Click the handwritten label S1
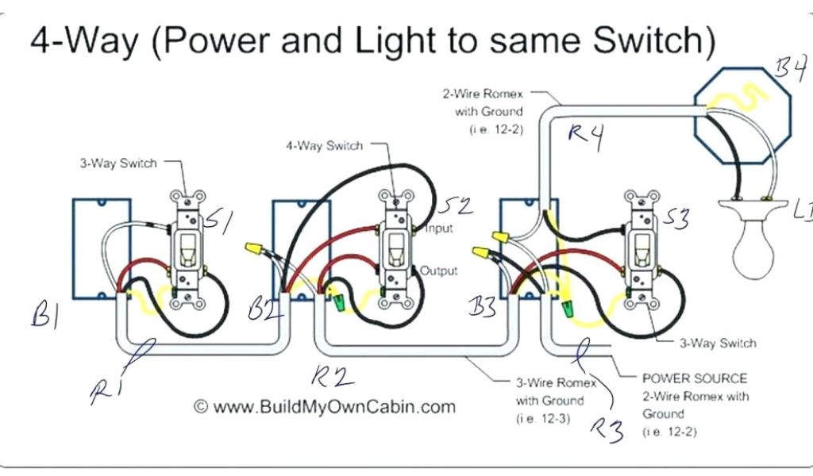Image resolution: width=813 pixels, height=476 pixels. point(218,221)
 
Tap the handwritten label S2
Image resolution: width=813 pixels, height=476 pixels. point(454,208)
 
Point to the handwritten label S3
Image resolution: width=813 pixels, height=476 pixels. point(676,219)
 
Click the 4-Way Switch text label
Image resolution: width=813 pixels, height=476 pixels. point(323,146)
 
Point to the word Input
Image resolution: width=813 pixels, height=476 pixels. point(438,228)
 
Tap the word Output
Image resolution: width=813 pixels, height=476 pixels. point(438,271)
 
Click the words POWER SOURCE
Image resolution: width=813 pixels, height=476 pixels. point(694,378)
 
